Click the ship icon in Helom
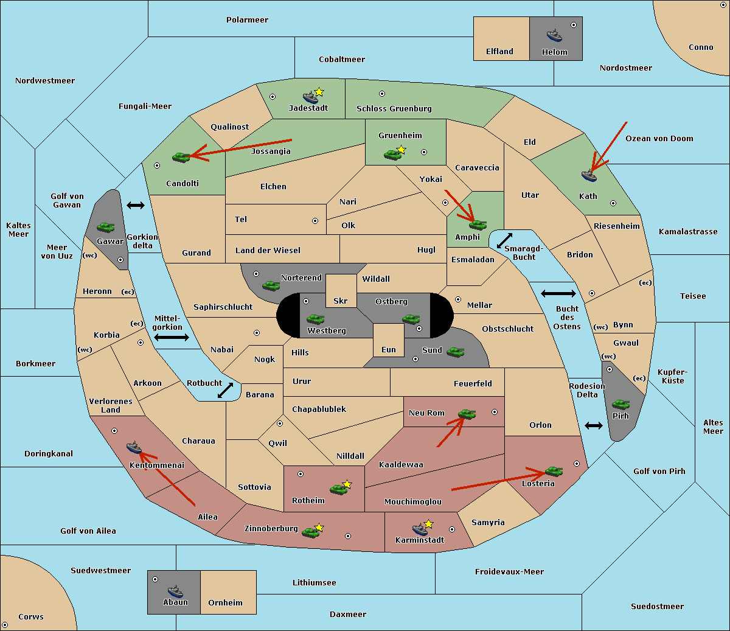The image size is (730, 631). coord(554,35)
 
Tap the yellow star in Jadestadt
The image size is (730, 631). coord(319,92)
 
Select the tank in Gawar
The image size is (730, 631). coord(106,227)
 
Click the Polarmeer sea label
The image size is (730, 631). coord(247,20)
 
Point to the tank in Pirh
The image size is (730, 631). coord(620,404)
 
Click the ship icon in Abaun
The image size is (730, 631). coord(175,591)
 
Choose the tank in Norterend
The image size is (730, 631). coord(271,285)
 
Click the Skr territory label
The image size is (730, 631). coord(340,301)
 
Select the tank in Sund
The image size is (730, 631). coord(455,352)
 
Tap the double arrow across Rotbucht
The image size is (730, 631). coord(225,390)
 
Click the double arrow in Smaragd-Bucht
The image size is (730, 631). coord(504,240)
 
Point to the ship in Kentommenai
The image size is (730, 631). coord(134,447)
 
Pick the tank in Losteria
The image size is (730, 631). coord(554,471)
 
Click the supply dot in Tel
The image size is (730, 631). coord(315,221)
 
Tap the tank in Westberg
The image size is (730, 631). coord(315,319)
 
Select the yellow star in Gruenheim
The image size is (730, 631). coord(401,150)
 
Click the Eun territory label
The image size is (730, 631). coord(389,349)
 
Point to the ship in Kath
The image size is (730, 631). coord(589,175)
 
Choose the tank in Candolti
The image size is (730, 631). coord(181,157)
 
